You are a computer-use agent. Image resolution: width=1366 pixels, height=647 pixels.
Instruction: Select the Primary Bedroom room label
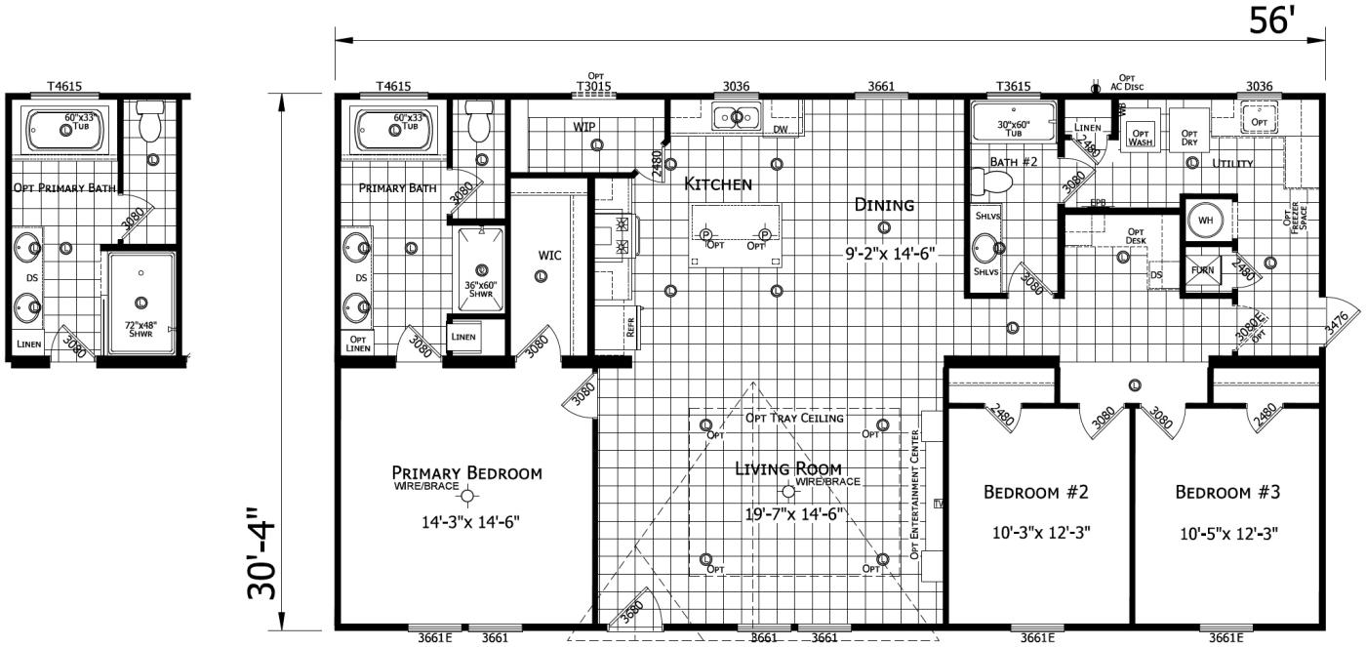466,473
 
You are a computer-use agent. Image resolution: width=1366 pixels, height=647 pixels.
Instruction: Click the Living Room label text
787,468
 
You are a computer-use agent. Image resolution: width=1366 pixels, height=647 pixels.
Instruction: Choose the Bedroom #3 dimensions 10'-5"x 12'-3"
1226,533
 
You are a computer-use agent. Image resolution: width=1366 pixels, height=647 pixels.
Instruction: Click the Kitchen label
717,183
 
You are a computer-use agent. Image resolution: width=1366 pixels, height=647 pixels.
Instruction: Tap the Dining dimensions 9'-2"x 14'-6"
890,254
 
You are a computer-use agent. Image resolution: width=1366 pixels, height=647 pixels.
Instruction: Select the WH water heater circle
1206,220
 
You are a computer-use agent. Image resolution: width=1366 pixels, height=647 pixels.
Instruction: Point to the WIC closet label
550,256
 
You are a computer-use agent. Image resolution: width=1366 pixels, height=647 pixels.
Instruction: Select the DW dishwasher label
780,129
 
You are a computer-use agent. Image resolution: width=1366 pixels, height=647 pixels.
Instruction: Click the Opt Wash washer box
1141,137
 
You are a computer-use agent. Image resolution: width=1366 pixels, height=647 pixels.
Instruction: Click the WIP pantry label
584,127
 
